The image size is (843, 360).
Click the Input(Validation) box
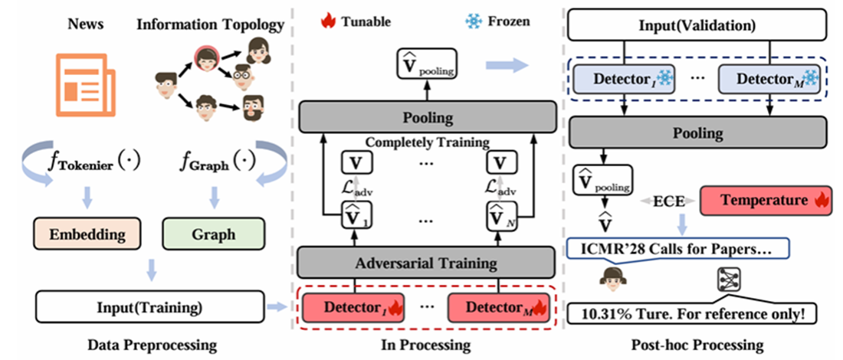697,26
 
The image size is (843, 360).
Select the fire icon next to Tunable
330,21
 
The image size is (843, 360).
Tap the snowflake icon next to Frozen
474,21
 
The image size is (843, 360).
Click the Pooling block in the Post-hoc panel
697,133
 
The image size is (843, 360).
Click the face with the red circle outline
206,57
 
